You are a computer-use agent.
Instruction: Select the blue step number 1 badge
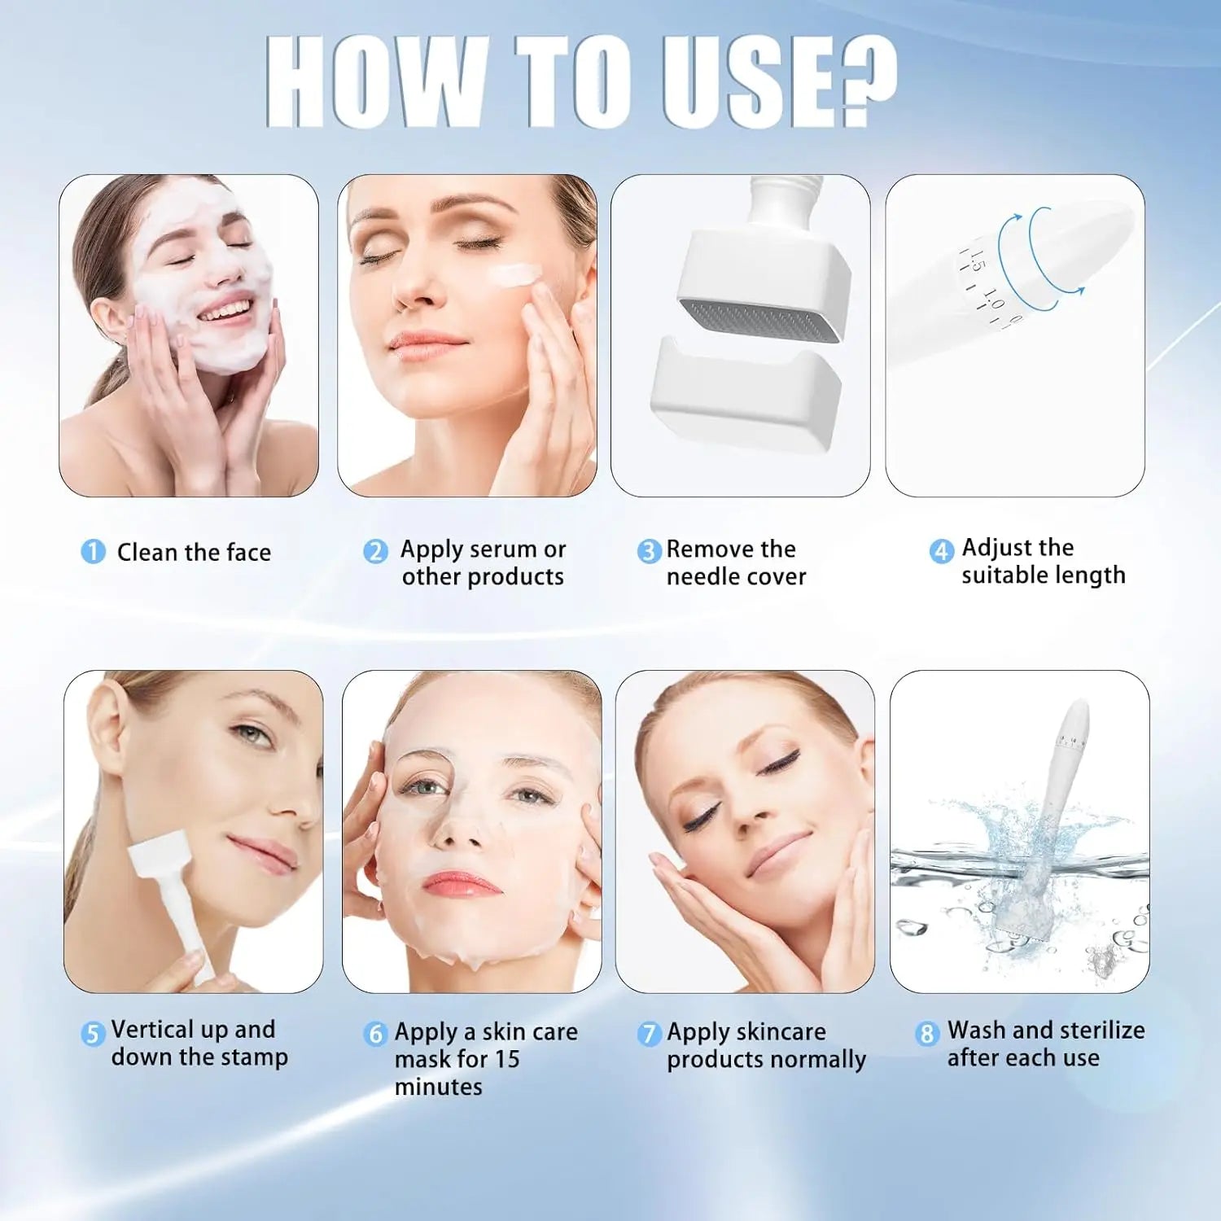pos(93,552)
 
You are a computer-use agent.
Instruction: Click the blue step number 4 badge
pos(942,551)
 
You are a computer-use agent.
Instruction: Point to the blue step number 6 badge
pos(375,1034)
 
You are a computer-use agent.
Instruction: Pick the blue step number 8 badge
pos(927,1034)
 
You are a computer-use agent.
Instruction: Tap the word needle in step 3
pos(701,576)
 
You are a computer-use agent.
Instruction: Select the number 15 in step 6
pos(507,1059)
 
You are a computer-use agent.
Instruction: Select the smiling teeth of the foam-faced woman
pos(225,310)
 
